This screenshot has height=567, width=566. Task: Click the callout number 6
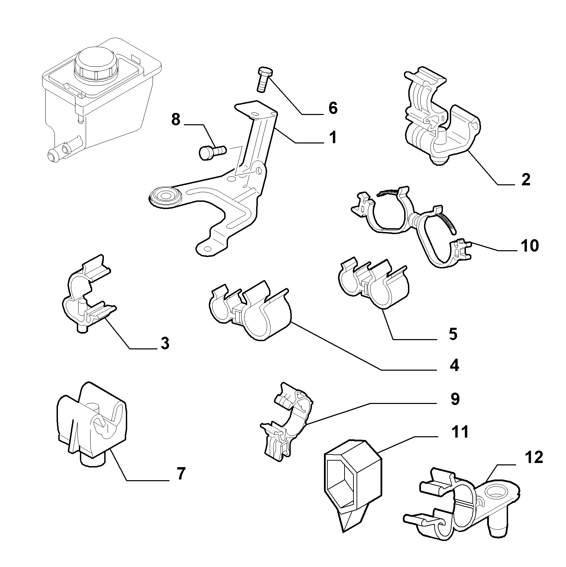(x=333, y=108)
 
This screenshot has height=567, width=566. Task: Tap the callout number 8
(x=176, y=120)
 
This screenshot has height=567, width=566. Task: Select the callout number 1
(x=333, y=138)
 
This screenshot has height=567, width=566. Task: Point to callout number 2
(x=526, y=180)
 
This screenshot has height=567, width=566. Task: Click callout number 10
(x=529, y=246)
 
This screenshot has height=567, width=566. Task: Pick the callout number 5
(x=453, y=334)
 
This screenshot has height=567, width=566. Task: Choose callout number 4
(x=454, y=366)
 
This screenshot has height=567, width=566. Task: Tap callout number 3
(x=165, y=343)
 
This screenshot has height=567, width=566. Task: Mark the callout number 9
(x=455, y=399)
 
